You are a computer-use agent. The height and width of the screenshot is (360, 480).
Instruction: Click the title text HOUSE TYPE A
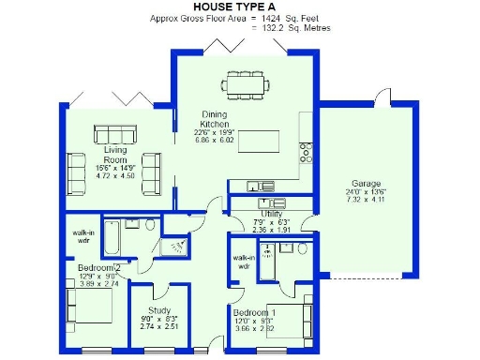pyautogui.click(x=240, y=7)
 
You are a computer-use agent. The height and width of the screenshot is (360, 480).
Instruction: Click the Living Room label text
pyautogui.click(x=115, y=154)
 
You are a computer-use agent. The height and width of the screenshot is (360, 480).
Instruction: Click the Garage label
pyautogui.click(x=366, y=183)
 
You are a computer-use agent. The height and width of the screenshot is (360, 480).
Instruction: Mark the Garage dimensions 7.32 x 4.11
pyautogui.click(x=366, y=201)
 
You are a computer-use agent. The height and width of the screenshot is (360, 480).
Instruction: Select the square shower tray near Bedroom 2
pyautogui.click(x=173, y=246)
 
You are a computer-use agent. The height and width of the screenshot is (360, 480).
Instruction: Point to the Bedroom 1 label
pyautogui.click(x=254, y=312)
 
